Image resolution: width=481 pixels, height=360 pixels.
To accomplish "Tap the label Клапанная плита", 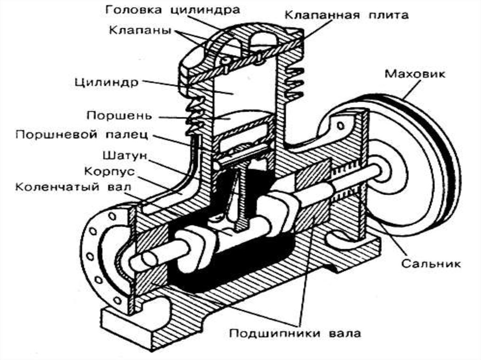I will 347,15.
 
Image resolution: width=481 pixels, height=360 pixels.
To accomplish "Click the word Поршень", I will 119,115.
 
